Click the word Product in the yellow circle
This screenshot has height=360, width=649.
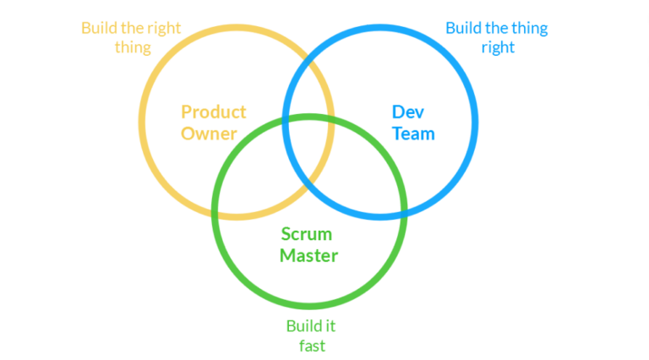[214, 112]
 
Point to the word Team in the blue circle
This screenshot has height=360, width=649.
[413, 134]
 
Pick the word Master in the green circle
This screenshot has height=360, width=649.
[308, 255]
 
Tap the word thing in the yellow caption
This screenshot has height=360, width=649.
[134, 47]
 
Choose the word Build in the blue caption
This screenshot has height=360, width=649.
[464, 28]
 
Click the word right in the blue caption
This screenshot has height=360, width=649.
[498, 47]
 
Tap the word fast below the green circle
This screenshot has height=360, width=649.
[311, 346]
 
